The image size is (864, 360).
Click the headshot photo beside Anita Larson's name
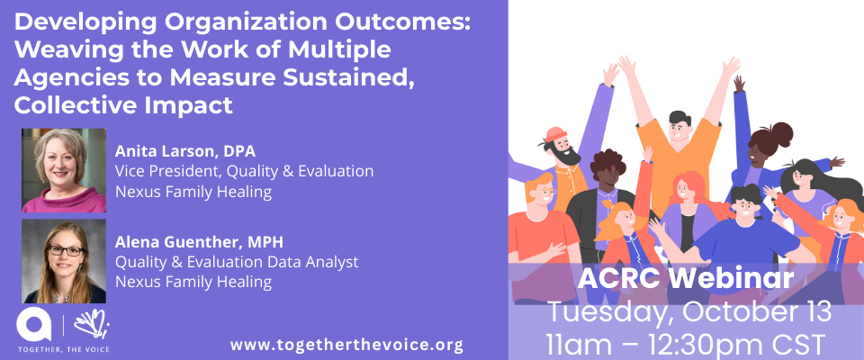point(64,170)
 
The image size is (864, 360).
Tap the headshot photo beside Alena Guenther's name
point(64,261)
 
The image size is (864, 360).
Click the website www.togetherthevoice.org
point(346,345)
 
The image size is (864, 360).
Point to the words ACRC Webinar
point(686,279)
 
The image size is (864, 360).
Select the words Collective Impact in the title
point(123,104)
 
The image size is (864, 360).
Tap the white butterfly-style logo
point(92,324)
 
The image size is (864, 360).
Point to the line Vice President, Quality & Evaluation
point(244,172)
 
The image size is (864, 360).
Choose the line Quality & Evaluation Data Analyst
point(237,262)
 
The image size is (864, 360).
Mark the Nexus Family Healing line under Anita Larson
point(193,193)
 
